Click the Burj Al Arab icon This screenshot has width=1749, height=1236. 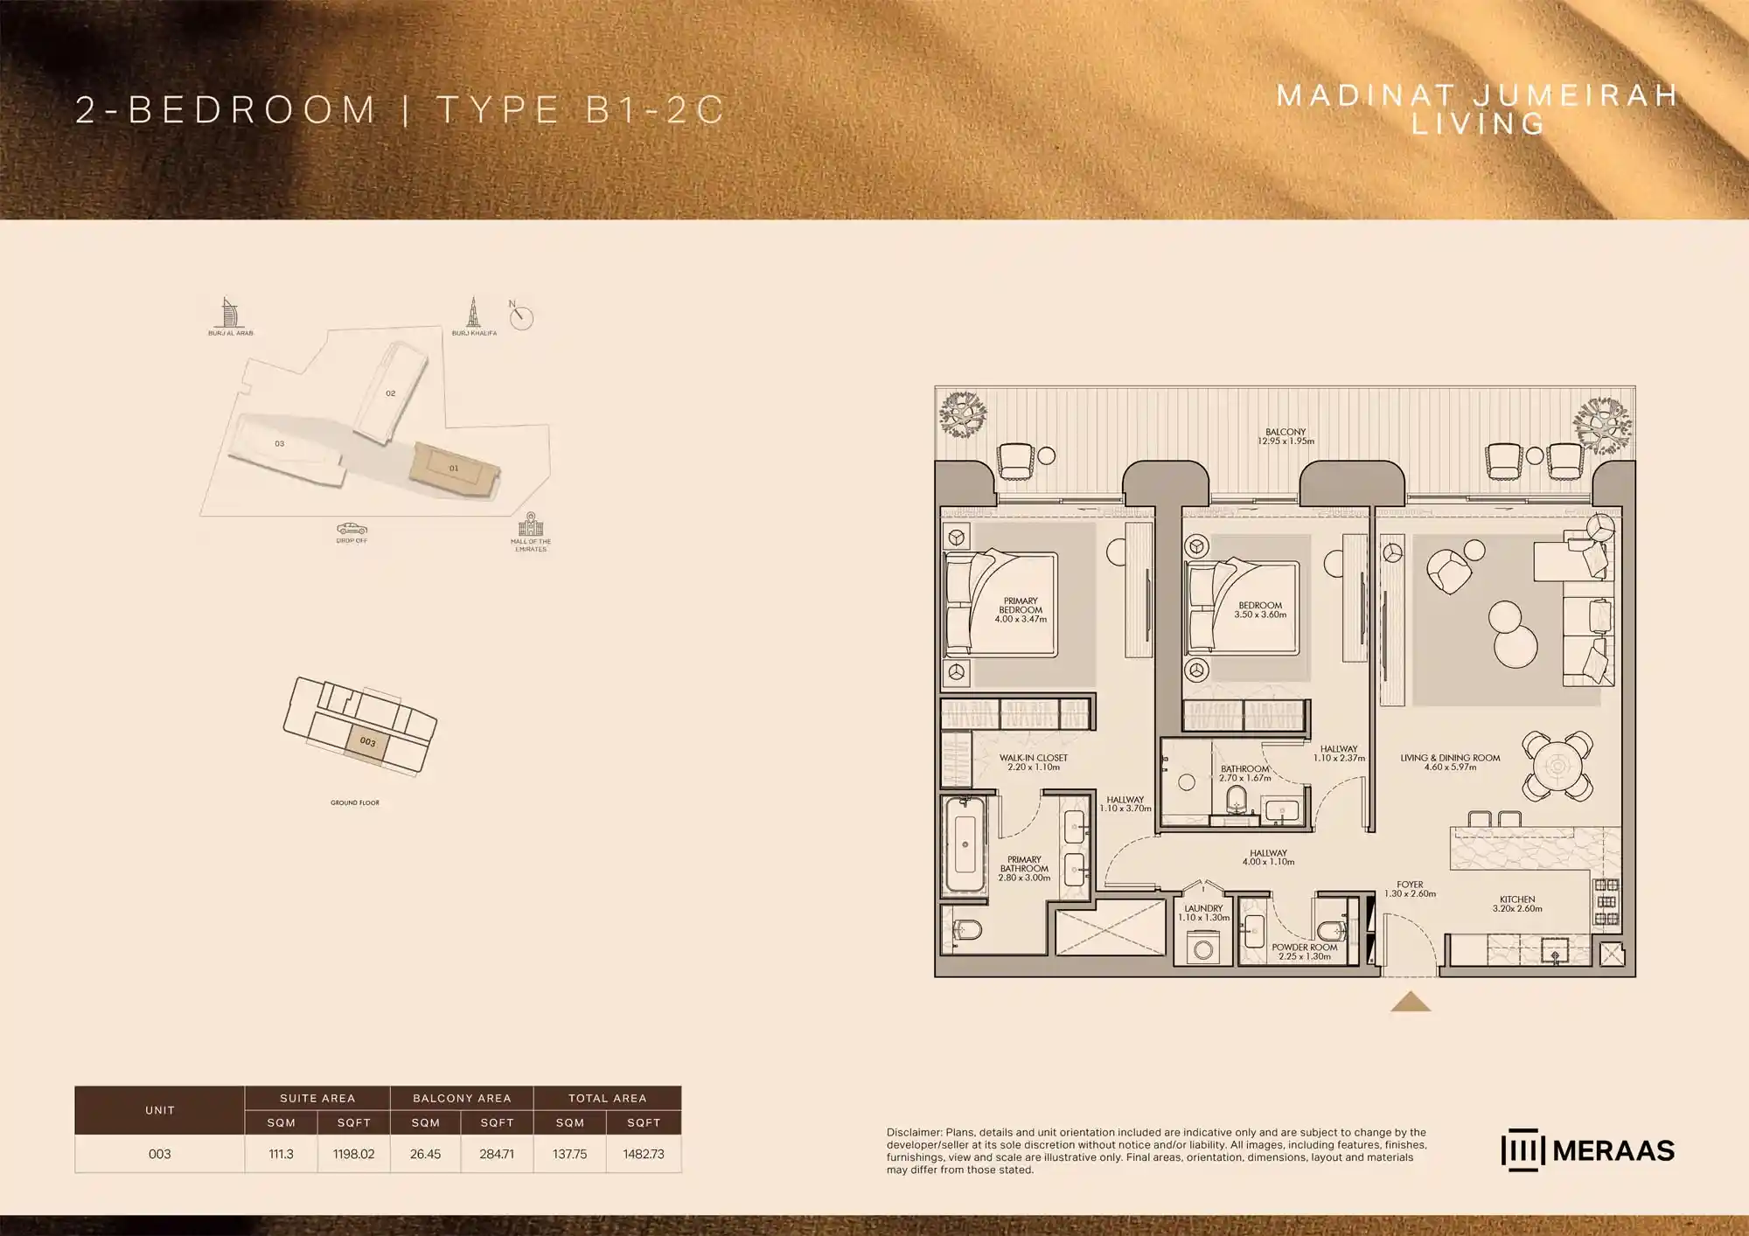click(228, 312)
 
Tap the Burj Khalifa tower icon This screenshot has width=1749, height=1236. click(473, 312)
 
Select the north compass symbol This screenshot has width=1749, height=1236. click(521, 316)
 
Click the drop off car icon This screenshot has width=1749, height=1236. click(352, 529)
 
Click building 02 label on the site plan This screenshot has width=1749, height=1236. click(391, 393)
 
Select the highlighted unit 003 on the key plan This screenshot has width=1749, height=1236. click(367, 742)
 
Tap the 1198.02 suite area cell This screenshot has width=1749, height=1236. click(353, 1154)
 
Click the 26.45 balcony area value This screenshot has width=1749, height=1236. click(425, 1154)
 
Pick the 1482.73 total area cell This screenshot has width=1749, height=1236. click(644, 1154)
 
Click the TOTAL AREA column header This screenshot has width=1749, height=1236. click(607, 1098)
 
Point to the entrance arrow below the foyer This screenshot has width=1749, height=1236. click(1411, 1002)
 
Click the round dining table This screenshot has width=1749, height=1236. click(1557, 767)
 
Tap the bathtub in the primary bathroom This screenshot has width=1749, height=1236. click(965, 844)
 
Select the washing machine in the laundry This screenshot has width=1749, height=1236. click(1202, 948)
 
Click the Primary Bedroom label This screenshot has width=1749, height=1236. click(1021, 610)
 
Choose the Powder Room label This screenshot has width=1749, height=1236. click(1305, 952)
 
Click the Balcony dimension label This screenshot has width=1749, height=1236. click(1286, 437)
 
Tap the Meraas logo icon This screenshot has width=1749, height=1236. click(1523, 1150)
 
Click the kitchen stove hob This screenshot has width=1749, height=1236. click(1606, 902)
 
